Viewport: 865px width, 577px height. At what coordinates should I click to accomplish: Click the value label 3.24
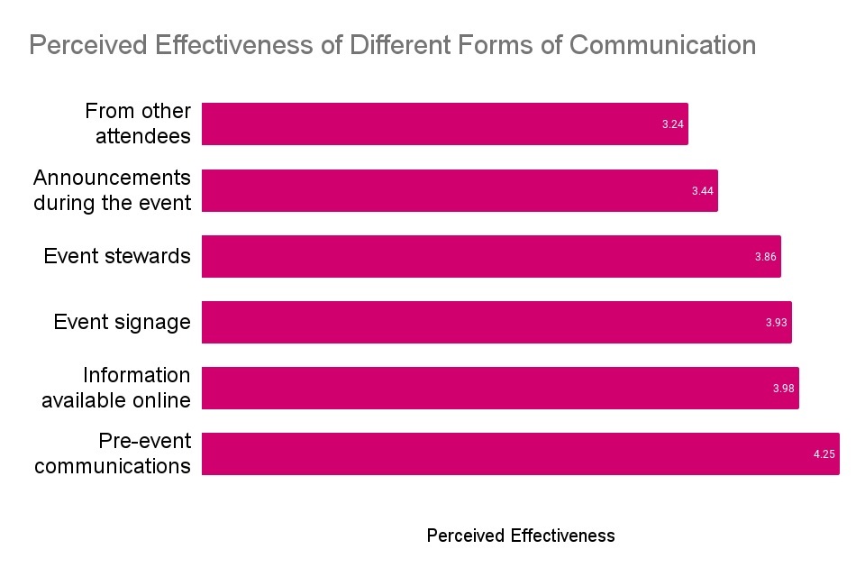672,124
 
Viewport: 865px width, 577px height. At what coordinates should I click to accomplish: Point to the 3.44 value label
703,191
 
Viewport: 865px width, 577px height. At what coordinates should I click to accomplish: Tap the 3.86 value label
765,257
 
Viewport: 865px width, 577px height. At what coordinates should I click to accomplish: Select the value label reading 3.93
777,323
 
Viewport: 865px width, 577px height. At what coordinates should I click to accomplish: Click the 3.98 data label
783,389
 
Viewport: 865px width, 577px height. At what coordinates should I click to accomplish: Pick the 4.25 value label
824,454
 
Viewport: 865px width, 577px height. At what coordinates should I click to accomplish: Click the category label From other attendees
138,124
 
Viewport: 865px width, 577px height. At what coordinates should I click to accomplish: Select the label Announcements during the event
113,190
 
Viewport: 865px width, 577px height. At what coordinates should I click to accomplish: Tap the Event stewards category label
117,256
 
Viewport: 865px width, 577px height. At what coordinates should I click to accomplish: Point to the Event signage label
123,322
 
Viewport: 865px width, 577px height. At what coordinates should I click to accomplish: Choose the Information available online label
116,388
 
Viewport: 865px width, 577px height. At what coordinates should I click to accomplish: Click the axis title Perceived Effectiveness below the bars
521,536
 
